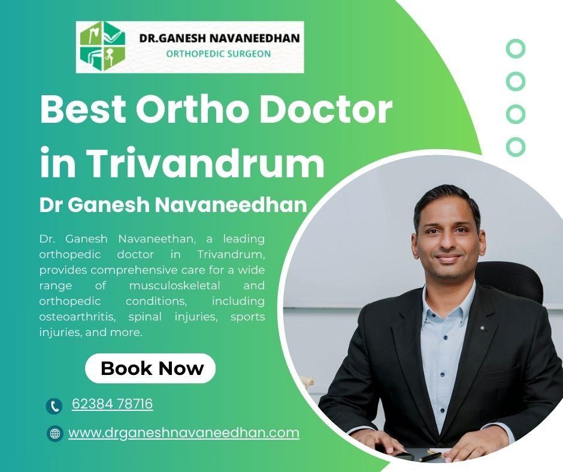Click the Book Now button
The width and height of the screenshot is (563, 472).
(x=152, y=368)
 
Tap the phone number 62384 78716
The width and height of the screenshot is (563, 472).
(x=112, y=404)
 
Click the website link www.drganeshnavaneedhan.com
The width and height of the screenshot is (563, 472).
(x=183, y=432)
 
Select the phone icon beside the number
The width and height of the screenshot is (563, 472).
(x=54, y=406)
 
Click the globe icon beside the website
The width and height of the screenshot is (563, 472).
(x=55, y=434)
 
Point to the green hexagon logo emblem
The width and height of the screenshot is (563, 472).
(x=104, y=47)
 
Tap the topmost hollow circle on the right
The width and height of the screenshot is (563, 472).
(x=515, y=49)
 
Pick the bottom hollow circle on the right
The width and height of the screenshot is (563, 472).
(x=515, y=146)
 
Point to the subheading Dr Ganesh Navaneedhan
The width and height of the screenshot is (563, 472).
(x=173, y=205)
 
